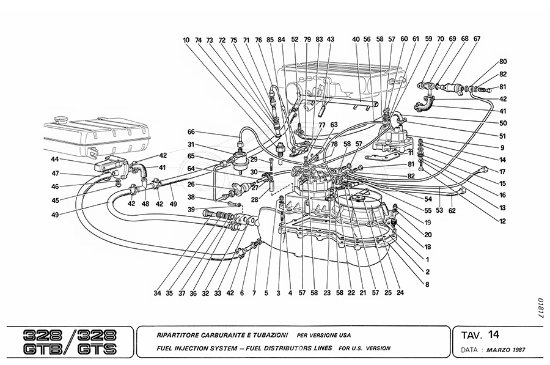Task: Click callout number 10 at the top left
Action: click(x=186, y=40)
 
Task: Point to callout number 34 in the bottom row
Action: click(x=158, y=293)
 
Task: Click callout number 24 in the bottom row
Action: click(x=400, y=293)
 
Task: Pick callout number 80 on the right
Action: click(x=503, y=62)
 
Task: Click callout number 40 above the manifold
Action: click(x=356, y=40)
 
